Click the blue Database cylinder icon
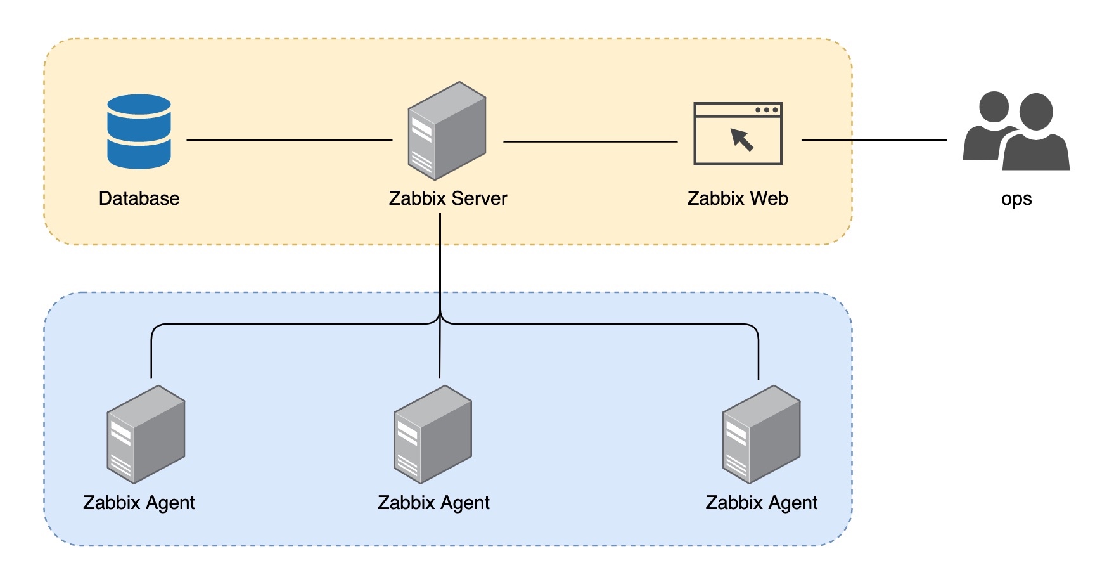coord(139,131)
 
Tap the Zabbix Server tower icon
coord(447,131)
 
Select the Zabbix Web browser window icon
coord(738,134)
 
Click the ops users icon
coord(1016,131)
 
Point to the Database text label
coord(139,198)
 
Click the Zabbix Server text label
coord(447,198)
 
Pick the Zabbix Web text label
coord(738,198)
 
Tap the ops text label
coord(1016,199)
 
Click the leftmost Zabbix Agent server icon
coord(146,434)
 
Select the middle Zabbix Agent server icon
coord(433,434)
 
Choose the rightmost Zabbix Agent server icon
coord(761,434)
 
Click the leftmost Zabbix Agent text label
coord(139,503)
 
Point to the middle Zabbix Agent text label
coord(433,503)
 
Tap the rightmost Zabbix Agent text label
coord(761,503)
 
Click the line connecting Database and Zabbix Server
coord(289,139)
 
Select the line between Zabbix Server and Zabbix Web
coord(590,141)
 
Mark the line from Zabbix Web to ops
coord(874,139)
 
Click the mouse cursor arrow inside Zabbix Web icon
coord(742,139)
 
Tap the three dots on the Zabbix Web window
coord(766,110)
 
